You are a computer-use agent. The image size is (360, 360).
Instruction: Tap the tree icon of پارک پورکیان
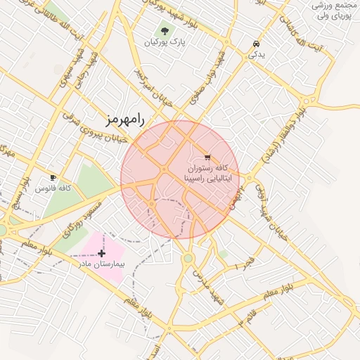pyautogui.click(x=165, y=31)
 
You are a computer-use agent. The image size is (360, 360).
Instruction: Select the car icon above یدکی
pyautogui.click(x=253, y=44)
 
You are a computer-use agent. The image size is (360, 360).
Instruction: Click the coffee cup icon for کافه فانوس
pyautogui.click(x=53, y=177)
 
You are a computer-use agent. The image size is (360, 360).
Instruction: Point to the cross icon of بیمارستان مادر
pyautogui.click(x=102, y=252)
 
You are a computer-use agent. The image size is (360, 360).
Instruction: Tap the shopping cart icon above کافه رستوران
pyautogui.click(x=207, y=157)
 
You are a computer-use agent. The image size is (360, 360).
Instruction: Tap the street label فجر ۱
pyautogui.click(x=245, y=264)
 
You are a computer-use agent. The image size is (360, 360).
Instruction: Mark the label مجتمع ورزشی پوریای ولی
pyautogui.click(x=336, y=10)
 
